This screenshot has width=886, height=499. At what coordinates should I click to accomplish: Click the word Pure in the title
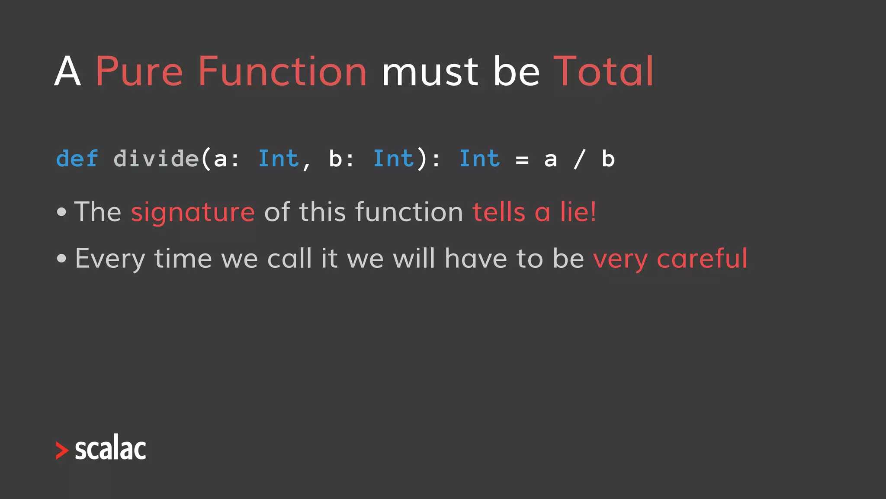tap(138, 72)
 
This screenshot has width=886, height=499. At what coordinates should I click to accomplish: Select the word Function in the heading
tap(282, 72)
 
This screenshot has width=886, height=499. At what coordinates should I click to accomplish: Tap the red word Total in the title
tap(603, 72)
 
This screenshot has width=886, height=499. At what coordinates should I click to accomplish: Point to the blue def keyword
tap(77, 159)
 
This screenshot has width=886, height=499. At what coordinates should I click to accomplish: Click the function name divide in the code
tap(156, 159)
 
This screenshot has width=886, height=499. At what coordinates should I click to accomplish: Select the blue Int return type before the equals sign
tap(479, 159)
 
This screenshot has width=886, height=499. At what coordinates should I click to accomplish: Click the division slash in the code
tap(580, 159)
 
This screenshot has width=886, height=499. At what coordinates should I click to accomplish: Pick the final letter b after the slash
tap(608, 159)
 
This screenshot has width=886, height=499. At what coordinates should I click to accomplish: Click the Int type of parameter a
tap(278, 159)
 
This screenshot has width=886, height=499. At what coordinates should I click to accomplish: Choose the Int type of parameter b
tap(393, 159)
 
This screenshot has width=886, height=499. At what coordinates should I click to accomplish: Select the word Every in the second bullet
tap(110, 259)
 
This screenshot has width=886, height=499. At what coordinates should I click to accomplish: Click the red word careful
tap(702, 259)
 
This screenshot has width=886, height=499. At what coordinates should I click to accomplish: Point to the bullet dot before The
tap(62, 212)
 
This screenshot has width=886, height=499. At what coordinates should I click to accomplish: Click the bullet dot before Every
tap(62, 259)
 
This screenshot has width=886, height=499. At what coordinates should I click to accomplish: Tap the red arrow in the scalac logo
tap(62, 450)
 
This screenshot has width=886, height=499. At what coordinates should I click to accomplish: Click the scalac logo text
tap(110, 449)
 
